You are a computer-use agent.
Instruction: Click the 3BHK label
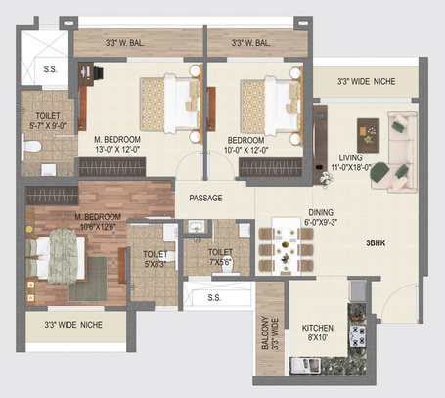tap(376, 243)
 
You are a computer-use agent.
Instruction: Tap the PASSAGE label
tap(205, 198)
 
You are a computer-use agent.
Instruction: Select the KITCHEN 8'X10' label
tap(317, 332)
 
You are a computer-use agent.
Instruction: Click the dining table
tap(286, 246)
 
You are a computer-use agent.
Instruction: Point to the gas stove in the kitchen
tap(357, 335)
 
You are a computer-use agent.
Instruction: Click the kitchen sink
tap(305, 365)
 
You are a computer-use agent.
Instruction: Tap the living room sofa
tap(394, 152)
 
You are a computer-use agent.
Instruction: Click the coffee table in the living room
tap(369, 135)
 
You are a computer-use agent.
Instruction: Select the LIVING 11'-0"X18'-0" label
tap(351, 162)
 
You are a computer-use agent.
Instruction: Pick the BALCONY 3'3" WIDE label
tap(270, 332)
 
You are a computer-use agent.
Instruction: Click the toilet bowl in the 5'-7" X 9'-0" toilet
tap(31, 147)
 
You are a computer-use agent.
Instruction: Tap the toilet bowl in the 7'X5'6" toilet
tap(231, 267)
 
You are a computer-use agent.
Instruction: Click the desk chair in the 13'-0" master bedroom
tap(99, 72)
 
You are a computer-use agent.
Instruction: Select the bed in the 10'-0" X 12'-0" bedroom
tap(272, 106)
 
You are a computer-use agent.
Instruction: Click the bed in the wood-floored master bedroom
tap(56, 256)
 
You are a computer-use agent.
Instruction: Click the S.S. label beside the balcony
tap(214, 298)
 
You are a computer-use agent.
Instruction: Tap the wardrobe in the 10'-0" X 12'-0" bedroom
tap(270, 167)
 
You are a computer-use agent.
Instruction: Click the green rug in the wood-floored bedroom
tap(88, 280)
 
